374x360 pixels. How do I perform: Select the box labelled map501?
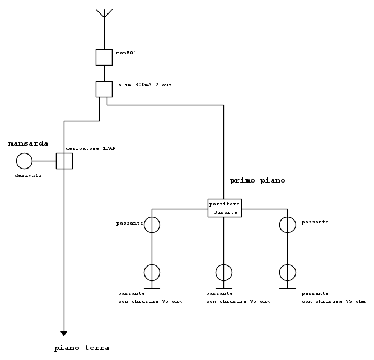pyautogui.click(x=104, y=57)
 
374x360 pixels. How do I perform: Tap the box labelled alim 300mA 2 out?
pyautogui.click(x=104, y=89)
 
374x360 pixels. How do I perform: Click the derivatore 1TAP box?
pyautogui.click(x=64, y=161)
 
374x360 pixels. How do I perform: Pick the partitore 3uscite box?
pyautogui.click(x=224, y=208)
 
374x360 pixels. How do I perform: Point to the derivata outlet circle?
pyautogui.click(x=24, y=161)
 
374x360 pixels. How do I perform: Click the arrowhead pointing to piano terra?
pyautogui.click(x=64, y=334)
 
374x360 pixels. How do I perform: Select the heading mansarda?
pyautogui.click(x=28, y=144)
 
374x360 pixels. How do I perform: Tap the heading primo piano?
pyautogui.click(x=258, y=181)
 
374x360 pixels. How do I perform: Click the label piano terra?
pyautogui.click(x=82, y=348)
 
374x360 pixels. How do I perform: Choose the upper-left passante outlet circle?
pyautogui.click(x=152, y=225)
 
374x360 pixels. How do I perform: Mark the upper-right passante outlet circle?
pyautogui.click(x=288, y=225)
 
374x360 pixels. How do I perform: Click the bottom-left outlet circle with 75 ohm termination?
pyautogui.click(x=152, y=273)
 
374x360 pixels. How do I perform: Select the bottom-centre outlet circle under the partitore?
pyautogui.click(x=224, y=273)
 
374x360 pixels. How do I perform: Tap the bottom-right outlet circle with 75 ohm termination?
pyautogui.click(x=288, y=273)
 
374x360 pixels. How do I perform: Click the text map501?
pyautogui.click(x=126, y=53)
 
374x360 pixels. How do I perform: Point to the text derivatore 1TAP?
pyautogui.click(x=90, y=148)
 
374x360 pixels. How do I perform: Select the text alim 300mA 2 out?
pyautogui.click(x=144, y=85)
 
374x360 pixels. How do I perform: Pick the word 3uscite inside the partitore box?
pyautogui.click(x=226, y=213)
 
